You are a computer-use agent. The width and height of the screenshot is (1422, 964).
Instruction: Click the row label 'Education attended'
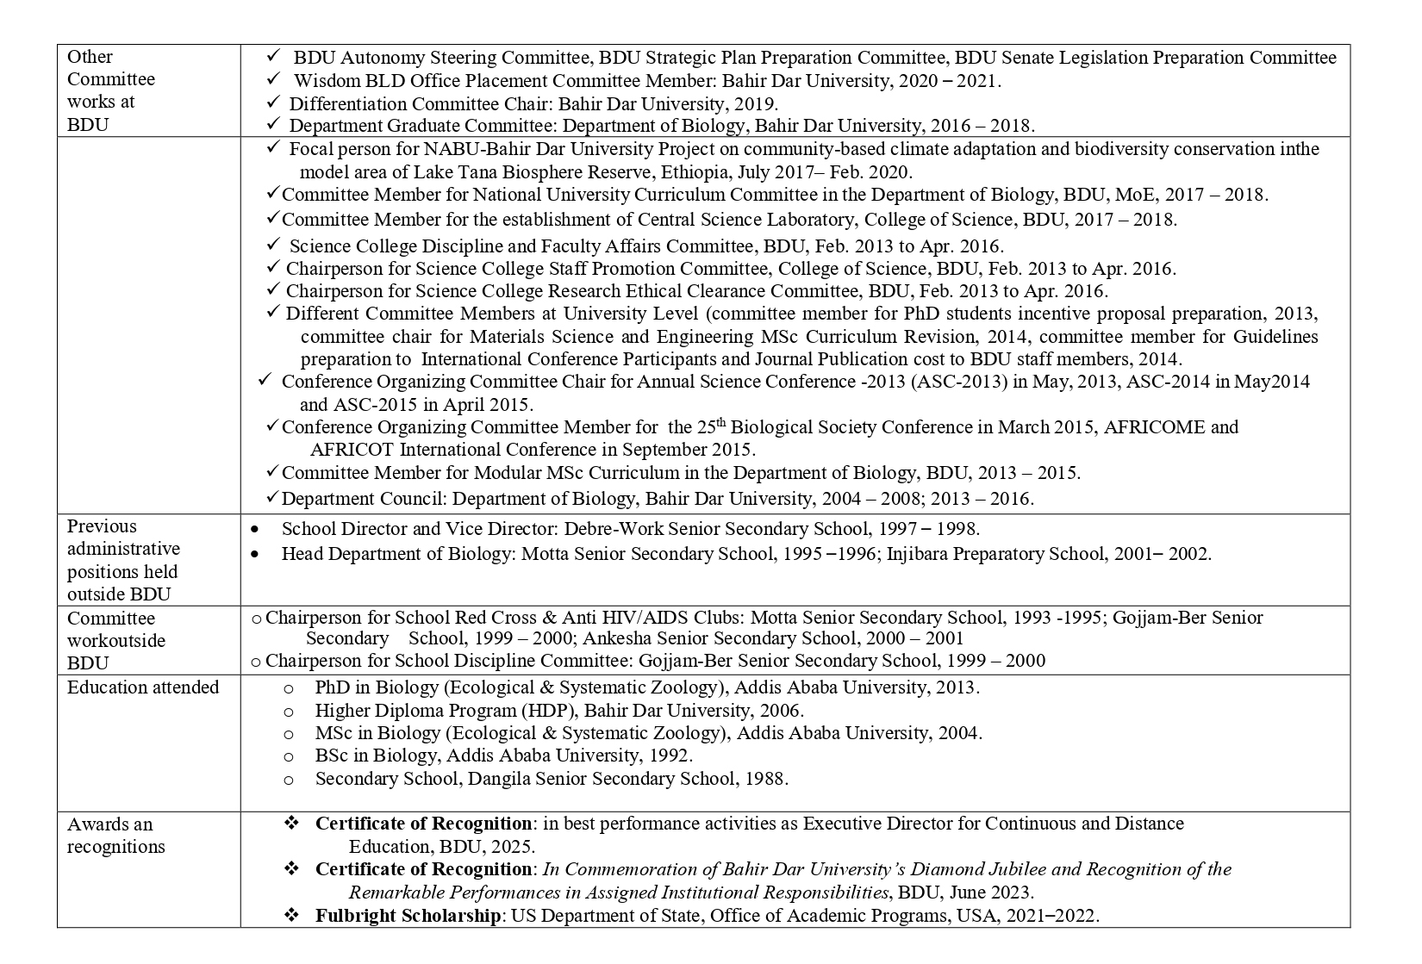click(x=143, y=687)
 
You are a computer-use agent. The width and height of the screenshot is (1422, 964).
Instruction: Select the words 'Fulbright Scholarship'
click(x=407, y=915)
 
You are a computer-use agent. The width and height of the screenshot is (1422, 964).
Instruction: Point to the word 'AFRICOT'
click(x=352, y=450)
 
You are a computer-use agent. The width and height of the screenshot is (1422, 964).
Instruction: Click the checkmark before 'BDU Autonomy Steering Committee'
click(x=273, y=56)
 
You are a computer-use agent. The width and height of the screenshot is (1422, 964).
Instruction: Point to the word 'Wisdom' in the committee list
click(x=321, y=81)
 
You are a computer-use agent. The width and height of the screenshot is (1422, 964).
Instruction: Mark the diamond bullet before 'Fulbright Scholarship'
click(x=291, y=915)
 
